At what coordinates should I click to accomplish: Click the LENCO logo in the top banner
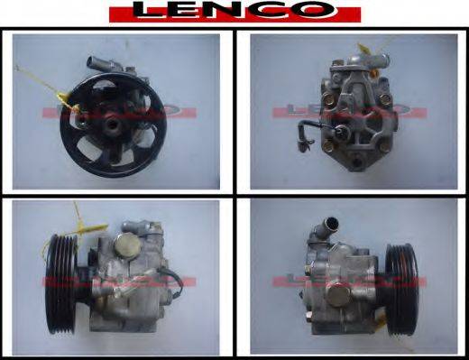click(x=234, y=12)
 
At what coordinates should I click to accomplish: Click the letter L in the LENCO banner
click(x=147, y=11)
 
